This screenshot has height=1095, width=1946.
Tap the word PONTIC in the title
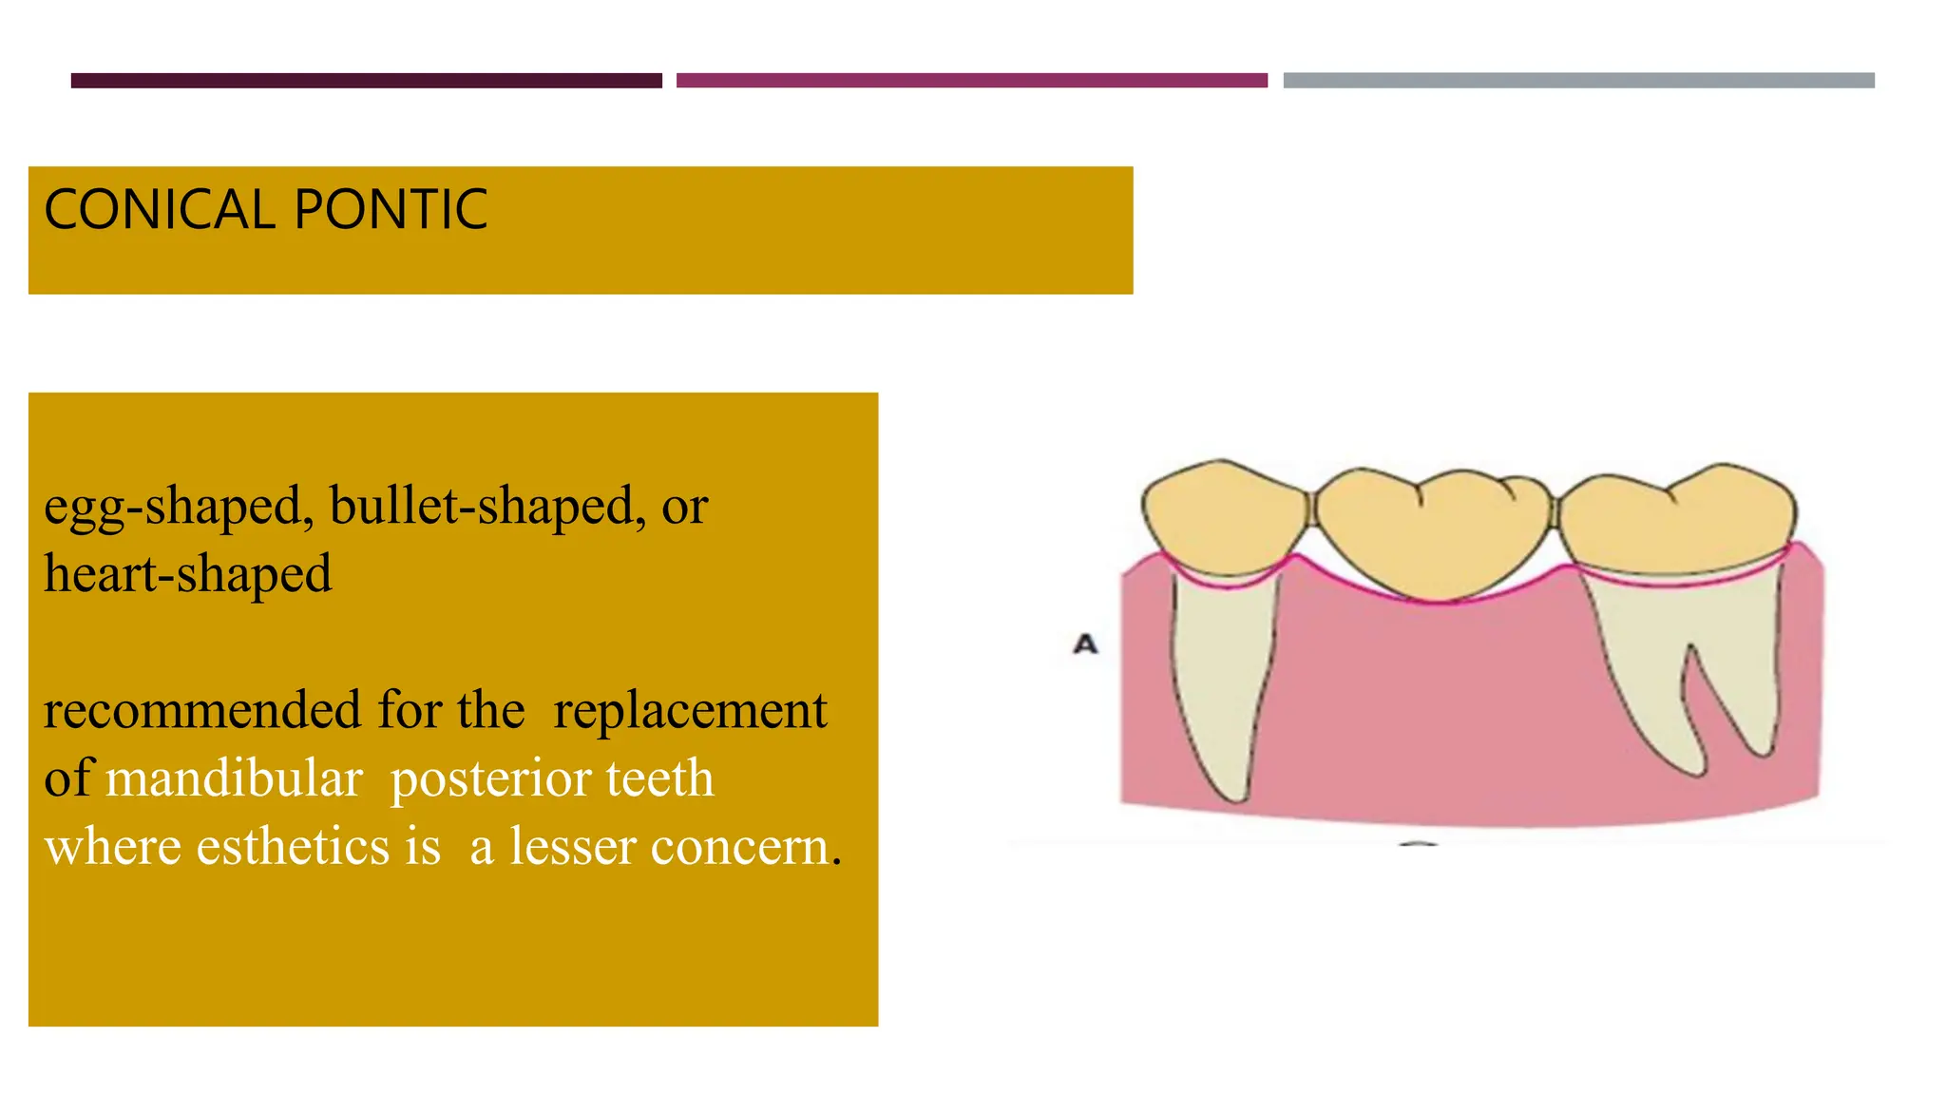pyautogui.click(x=391, y=210)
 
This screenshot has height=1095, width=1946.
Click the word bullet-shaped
pyautogui.click(x=481, y=507)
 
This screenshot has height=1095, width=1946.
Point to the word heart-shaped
pyautogui.click(x=187, y=575)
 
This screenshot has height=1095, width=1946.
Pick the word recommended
pyautogui.click(x=202, y=711)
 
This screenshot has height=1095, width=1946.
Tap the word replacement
pyautogui.click(x=690, y=711)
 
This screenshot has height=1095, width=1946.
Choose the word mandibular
pyautogui.click(x=234, y=779)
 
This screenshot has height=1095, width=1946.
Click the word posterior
pyautogui.click(x=491, y=779)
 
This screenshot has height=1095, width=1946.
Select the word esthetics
pyautogui.click(x=293, y=847)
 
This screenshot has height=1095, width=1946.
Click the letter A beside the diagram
pyautogui.click(x=1085, y=645)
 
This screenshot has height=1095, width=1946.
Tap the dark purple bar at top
pyautogui.click(x=366, y=81)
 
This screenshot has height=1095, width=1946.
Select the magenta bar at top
pyautogui.click(x=971, y=81)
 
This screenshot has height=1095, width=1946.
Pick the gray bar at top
pyautogui.click(x=1578, y=81)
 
